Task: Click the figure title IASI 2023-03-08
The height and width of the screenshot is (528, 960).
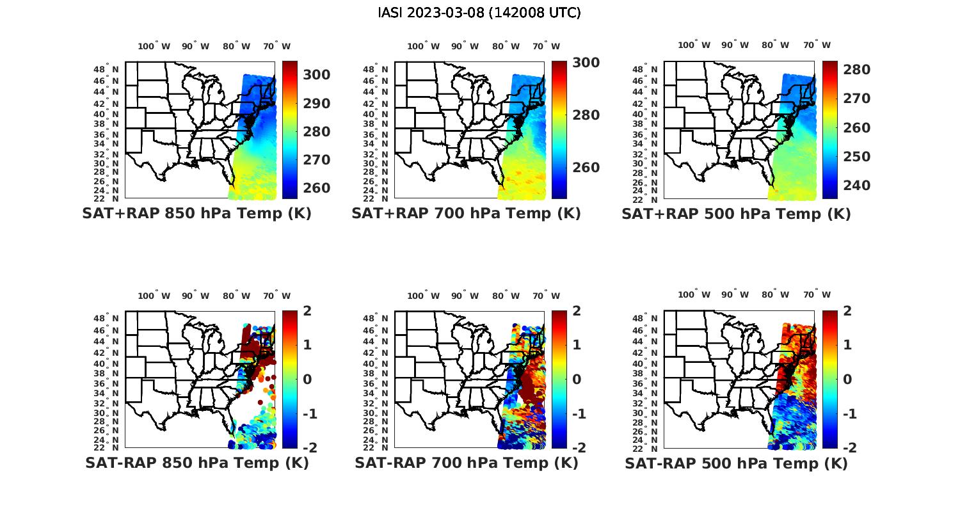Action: (479, 13)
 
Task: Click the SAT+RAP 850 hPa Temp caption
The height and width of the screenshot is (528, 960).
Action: (196, 214)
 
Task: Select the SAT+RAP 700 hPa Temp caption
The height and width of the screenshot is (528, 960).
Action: (466, 214)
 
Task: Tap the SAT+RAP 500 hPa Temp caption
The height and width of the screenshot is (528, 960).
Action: (736, 214)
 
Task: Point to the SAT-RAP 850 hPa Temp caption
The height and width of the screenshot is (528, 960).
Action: (196, 463)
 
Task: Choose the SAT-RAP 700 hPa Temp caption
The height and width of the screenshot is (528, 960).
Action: (466, 463)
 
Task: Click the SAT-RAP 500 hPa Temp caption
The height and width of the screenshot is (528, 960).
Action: (736, 463)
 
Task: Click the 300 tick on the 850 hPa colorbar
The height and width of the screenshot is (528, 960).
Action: (316, 75)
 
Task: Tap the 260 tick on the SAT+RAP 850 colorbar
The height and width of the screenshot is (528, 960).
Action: (316, 188)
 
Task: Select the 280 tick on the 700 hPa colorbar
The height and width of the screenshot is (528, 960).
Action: (586, 115)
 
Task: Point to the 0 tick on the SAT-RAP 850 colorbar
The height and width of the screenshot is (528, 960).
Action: (307, 379)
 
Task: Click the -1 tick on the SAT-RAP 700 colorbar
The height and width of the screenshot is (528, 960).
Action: (574, 414)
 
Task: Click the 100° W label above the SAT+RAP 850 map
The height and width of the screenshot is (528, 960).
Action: (154, 46)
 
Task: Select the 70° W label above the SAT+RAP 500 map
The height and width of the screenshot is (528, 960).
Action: (817, 45)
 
